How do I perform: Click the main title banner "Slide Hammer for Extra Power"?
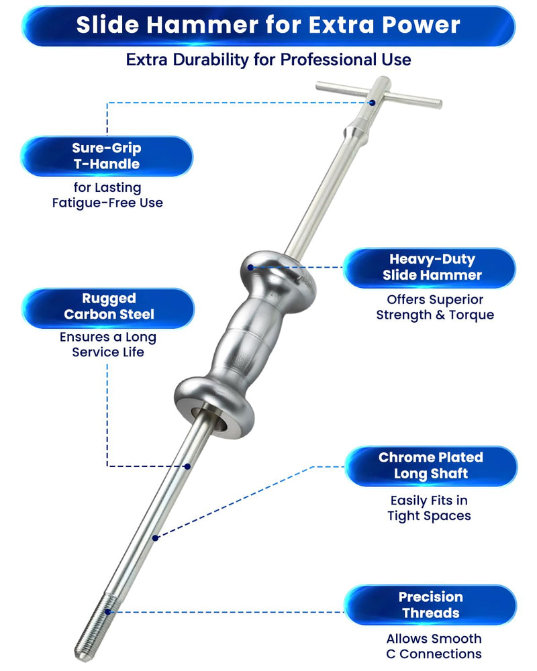[268, 25]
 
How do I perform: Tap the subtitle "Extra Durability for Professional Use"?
[268, 60]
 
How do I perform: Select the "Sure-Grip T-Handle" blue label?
[107, 156]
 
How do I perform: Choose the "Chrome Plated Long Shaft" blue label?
[431, 466]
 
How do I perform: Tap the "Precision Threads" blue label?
[430, 605]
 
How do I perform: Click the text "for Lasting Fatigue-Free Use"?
[107, 195]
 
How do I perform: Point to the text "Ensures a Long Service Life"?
[108, 344]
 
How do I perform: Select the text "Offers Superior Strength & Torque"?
[435, 307]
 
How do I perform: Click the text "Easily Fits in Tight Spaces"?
[429, 508]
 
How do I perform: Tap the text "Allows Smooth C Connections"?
[434, 646]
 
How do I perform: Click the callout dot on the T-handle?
[372, 103]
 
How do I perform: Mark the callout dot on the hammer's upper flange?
[250, 268]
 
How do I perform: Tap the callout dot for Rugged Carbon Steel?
[187, 466]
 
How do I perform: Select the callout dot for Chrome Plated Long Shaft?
[156, 537]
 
